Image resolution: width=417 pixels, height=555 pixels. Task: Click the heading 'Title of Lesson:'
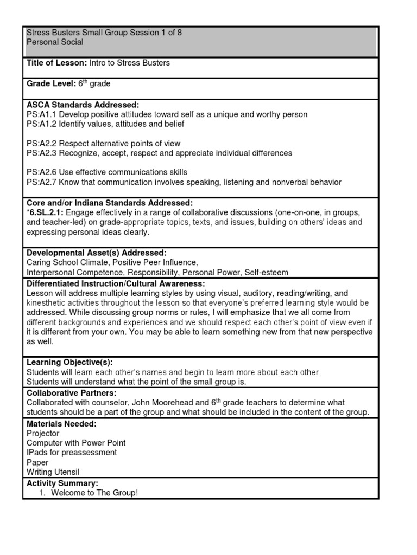point(56,63)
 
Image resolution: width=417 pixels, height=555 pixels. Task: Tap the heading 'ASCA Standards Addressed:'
point(83,104)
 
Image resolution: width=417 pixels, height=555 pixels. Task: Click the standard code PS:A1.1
point(41,114)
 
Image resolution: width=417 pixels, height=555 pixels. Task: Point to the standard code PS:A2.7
point(41,182)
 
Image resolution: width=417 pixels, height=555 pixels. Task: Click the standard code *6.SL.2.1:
point(45,212)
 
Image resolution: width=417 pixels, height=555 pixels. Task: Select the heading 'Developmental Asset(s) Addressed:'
point(96,253)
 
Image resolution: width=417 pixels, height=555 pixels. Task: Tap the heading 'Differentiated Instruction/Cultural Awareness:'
point(116,283)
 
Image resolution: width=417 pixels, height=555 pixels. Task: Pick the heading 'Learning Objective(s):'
point(69,362)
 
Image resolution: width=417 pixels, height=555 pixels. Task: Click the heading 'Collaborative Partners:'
point(71,392)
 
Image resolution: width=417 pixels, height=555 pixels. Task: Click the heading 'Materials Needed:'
point(61,423)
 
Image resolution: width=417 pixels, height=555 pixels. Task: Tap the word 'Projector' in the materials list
point(43,434)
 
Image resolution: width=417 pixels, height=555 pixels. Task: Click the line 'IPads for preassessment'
point(72,453)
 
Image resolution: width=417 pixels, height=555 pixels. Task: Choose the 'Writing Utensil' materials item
point(53,472)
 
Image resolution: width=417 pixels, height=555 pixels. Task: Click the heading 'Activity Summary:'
point(62,483)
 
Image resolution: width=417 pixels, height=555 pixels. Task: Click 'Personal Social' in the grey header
point(55,42)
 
